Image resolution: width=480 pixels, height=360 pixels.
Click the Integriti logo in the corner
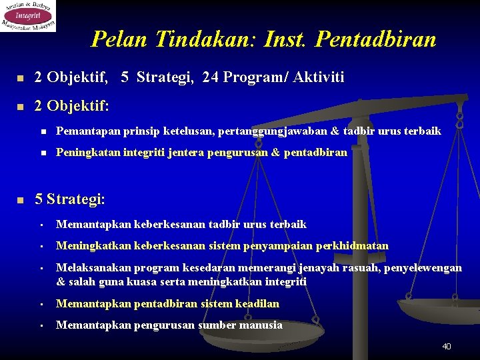point(28,15)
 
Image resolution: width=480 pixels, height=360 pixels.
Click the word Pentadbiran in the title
point(376,40)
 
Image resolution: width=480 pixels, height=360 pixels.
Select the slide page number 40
point(447,346)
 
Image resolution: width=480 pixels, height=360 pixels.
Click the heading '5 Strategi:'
point(69,199)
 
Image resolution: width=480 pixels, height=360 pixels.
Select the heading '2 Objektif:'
point(72,106)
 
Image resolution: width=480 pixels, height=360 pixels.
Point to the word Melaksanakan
point(93,268)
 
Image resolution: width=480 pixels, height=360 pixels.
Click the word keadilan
point(257,304)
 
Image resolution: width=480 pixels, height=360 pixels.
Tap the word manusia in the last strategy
point(261,325)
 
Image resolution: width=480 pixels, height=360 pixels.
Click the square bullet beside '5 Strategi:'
point(21,199)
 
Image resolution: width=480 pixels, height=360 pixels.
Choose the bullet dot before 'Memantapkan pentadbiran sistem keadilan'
point(41,305)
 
